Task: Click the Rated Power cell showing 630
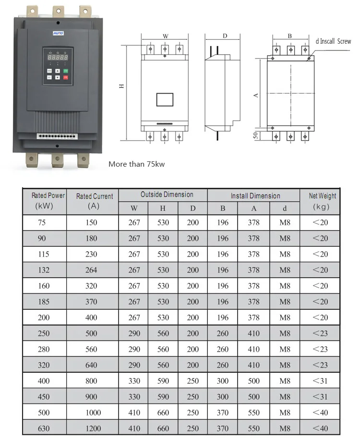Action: tap(44, 428)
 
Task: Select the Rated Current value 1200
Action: tap(91, 428)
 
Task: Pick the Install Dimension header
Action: tap(255, 196)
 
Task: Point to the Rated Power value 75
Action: tap(44, 222)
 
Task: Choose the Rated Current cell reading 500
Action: tap(91, 333)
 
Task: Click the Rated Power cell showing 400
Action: tap(44, 381)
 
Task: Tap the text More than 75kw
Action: tap(136, 164)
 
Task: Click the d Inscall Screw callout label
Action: tap(333, 42)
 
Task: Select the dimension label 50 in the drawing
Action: tap(256, 136)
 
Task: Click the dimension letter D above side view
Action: tap(225, 36)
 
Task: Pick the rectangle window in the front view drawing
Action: tap(165, 99)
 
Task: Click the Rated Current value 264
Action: tap(91, 270)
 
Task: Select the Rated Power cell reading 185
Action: tap(44, 302)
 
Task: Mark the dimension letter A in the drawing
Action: tap(256, 95)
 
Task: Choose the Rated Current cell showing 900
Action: tap(91, 397)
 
